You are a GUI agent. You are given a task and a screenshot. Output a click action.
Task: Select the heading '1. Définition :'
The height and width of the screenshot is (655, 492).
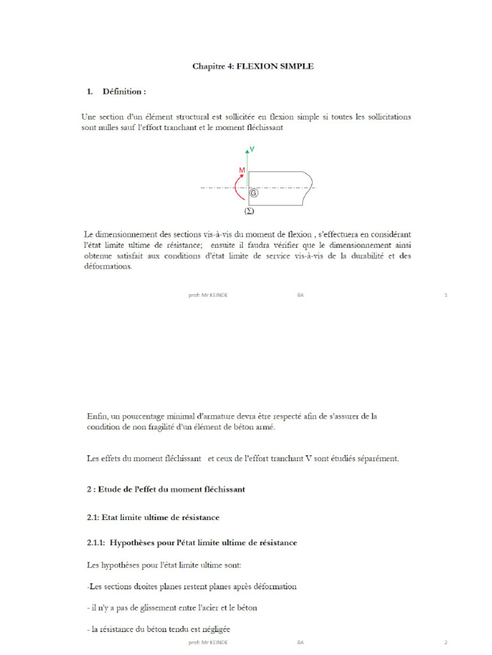point(117,91)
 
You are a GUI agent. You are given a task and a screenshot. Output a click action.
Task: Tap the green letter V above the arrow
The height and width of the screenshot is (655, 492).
point(252,149)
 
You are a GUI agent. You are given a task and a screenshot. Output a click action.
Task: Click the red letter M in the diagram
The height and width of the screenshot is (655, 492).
point(242,169)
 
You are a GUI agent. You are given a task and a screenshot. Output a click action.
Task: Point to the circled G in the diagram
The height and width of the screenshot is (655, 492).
point(254,193)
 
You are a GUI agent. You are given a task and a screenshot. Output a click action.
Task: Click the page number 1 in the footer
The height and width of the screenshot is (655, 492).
point(445,296)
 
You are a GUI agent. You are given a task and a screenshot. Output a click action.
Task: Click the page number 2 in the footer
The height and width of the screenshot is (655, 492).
point(445,641)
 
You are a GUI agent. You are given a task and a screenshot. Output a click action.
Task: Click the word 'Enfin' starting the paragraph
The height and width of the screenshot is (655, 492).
point(97,416)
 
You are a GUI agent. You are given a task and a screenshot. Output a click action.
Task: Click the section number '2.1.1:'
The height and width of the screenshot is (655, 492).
point(96,542)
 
